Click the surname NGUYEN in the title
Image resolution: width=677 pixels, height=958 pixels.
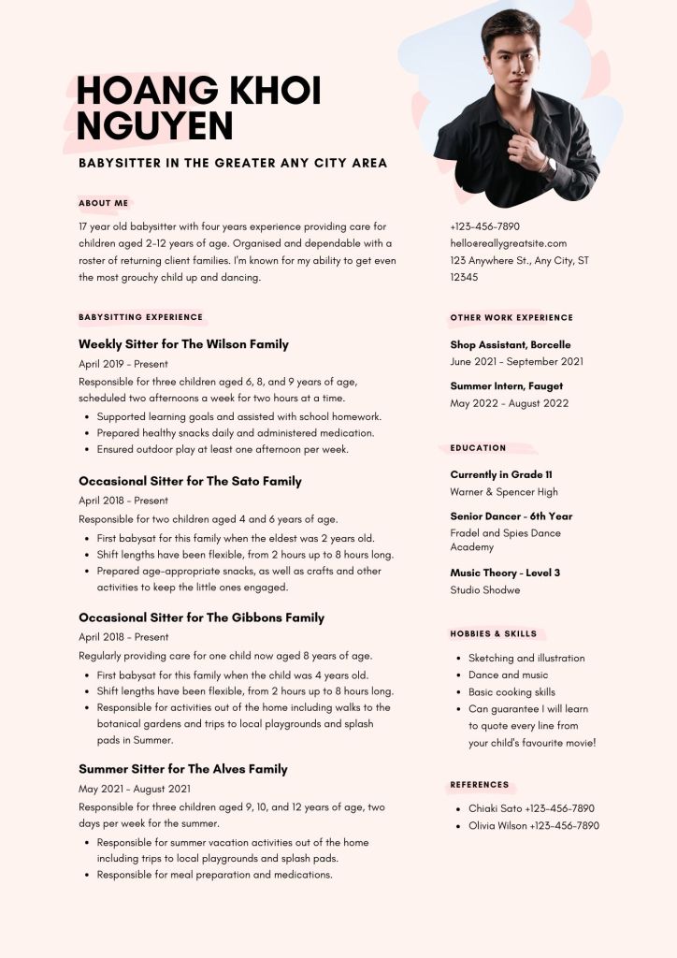[154, 125]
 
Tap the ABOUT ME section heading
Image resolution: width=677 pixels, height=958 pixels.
[104, 203]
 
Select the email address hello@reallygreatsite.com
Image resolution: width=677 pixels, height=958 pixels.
[508, 243]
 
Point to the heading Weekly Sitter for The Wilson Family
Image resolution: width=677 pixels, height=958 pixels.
[183, 344]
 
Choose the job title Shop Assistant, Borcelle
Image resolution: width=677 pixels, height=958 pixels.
[510, 344]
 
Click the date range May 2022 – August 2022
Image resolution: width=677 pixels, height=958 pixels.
[509, 403]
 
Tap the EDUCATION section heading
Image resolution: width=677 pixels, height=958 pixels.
[478, 448]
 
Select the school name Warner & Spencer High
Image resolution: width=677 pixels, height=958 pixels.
[503, 492]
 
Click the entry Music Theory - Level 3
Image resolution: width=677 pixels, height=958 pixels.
[505, 573]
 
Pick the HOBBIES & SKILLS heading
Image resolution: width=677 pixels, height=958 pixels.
[494, 634]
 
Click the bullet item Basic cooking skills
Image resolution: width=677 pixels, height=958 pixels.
[511, 692]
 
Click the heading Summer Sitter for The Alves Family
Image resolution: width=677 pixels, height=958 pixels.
[183, 769]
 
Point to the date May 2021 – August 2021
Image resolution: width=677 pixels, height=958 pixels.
[135, 790]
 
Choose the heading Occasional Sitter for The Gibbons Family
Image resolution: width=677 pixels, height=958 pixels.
[201, 617]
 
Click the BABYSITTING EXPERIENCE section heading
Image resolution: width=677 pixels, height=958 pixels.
[140, 317]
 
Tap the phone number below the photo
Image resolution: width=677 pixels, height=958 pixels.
[484, 226]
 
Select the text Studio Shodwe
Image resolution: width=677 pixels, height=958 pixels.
[484, 590]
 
